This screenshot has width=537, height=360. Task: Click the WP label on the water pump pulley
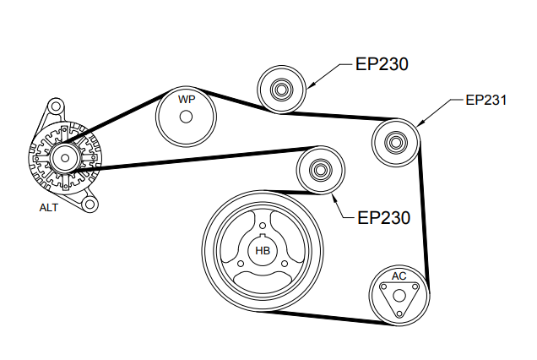point(187,100)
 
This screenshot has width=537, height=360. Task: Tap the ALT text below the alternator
point(49,206)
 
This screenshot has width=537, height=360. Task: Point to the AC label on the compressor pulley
point(399,276)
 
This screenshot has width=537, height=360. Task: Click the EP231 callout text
point(485,100)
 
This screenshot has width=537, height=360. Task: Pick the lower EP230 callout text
point(383,217)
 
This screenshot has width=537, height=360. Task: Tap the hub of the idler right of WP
point(279,87)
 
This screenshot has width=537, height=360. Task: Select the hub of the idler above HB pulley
point(320,170)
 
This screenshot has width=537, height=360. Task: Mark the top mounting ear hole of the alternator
point(55,107)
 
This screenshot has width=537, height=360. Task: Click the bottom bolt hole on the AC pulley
point(399,311)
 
